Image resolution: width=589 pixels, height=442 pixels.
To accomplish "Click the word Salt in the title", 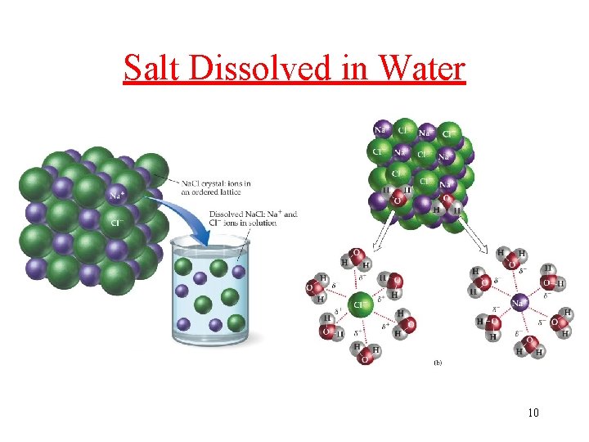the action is (x=152, y=68).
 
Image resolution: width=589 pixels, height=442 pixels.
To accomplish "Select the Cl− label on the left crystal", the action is (x=117, y=222).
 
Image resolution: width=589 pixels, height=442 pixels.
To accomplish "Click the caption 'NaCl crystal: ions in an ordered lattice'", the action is (x=216, y=187).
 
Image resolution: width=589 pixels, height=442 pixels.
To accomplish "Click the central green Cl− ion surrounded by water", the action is (x=360, y=305).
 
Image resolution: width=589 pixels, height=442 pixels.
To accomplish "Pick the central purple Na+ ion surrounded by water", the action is (x=517, y=304).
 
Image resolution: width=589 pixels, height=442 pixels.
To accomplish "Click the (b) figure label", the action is (x=437, y=361).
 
